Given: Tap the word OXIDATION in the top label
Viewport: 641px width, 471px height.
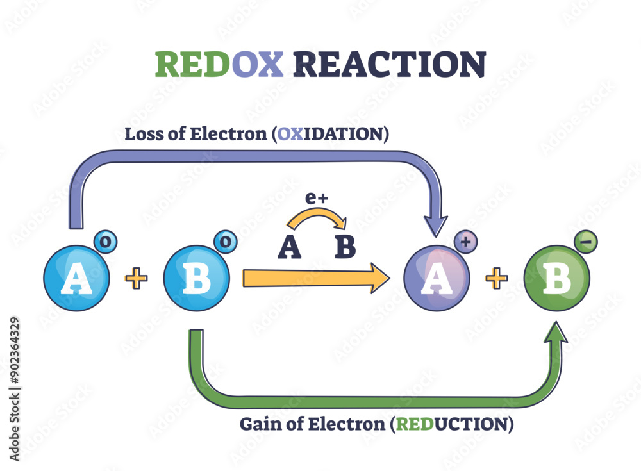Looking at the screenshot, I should coord(331,135).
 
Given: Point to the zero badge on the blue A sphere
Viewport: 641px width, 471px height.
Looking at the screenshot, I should coord(104,242).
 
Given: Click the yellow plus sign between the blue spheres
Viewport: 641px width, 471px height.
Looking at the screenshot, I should coord(136,278).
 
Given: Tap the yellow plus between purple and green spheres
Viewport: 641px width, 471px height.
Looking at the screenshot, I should coord(497,278).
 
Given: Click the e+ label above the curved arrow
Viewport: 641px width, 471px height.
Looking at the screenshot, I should coord(315,199).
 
